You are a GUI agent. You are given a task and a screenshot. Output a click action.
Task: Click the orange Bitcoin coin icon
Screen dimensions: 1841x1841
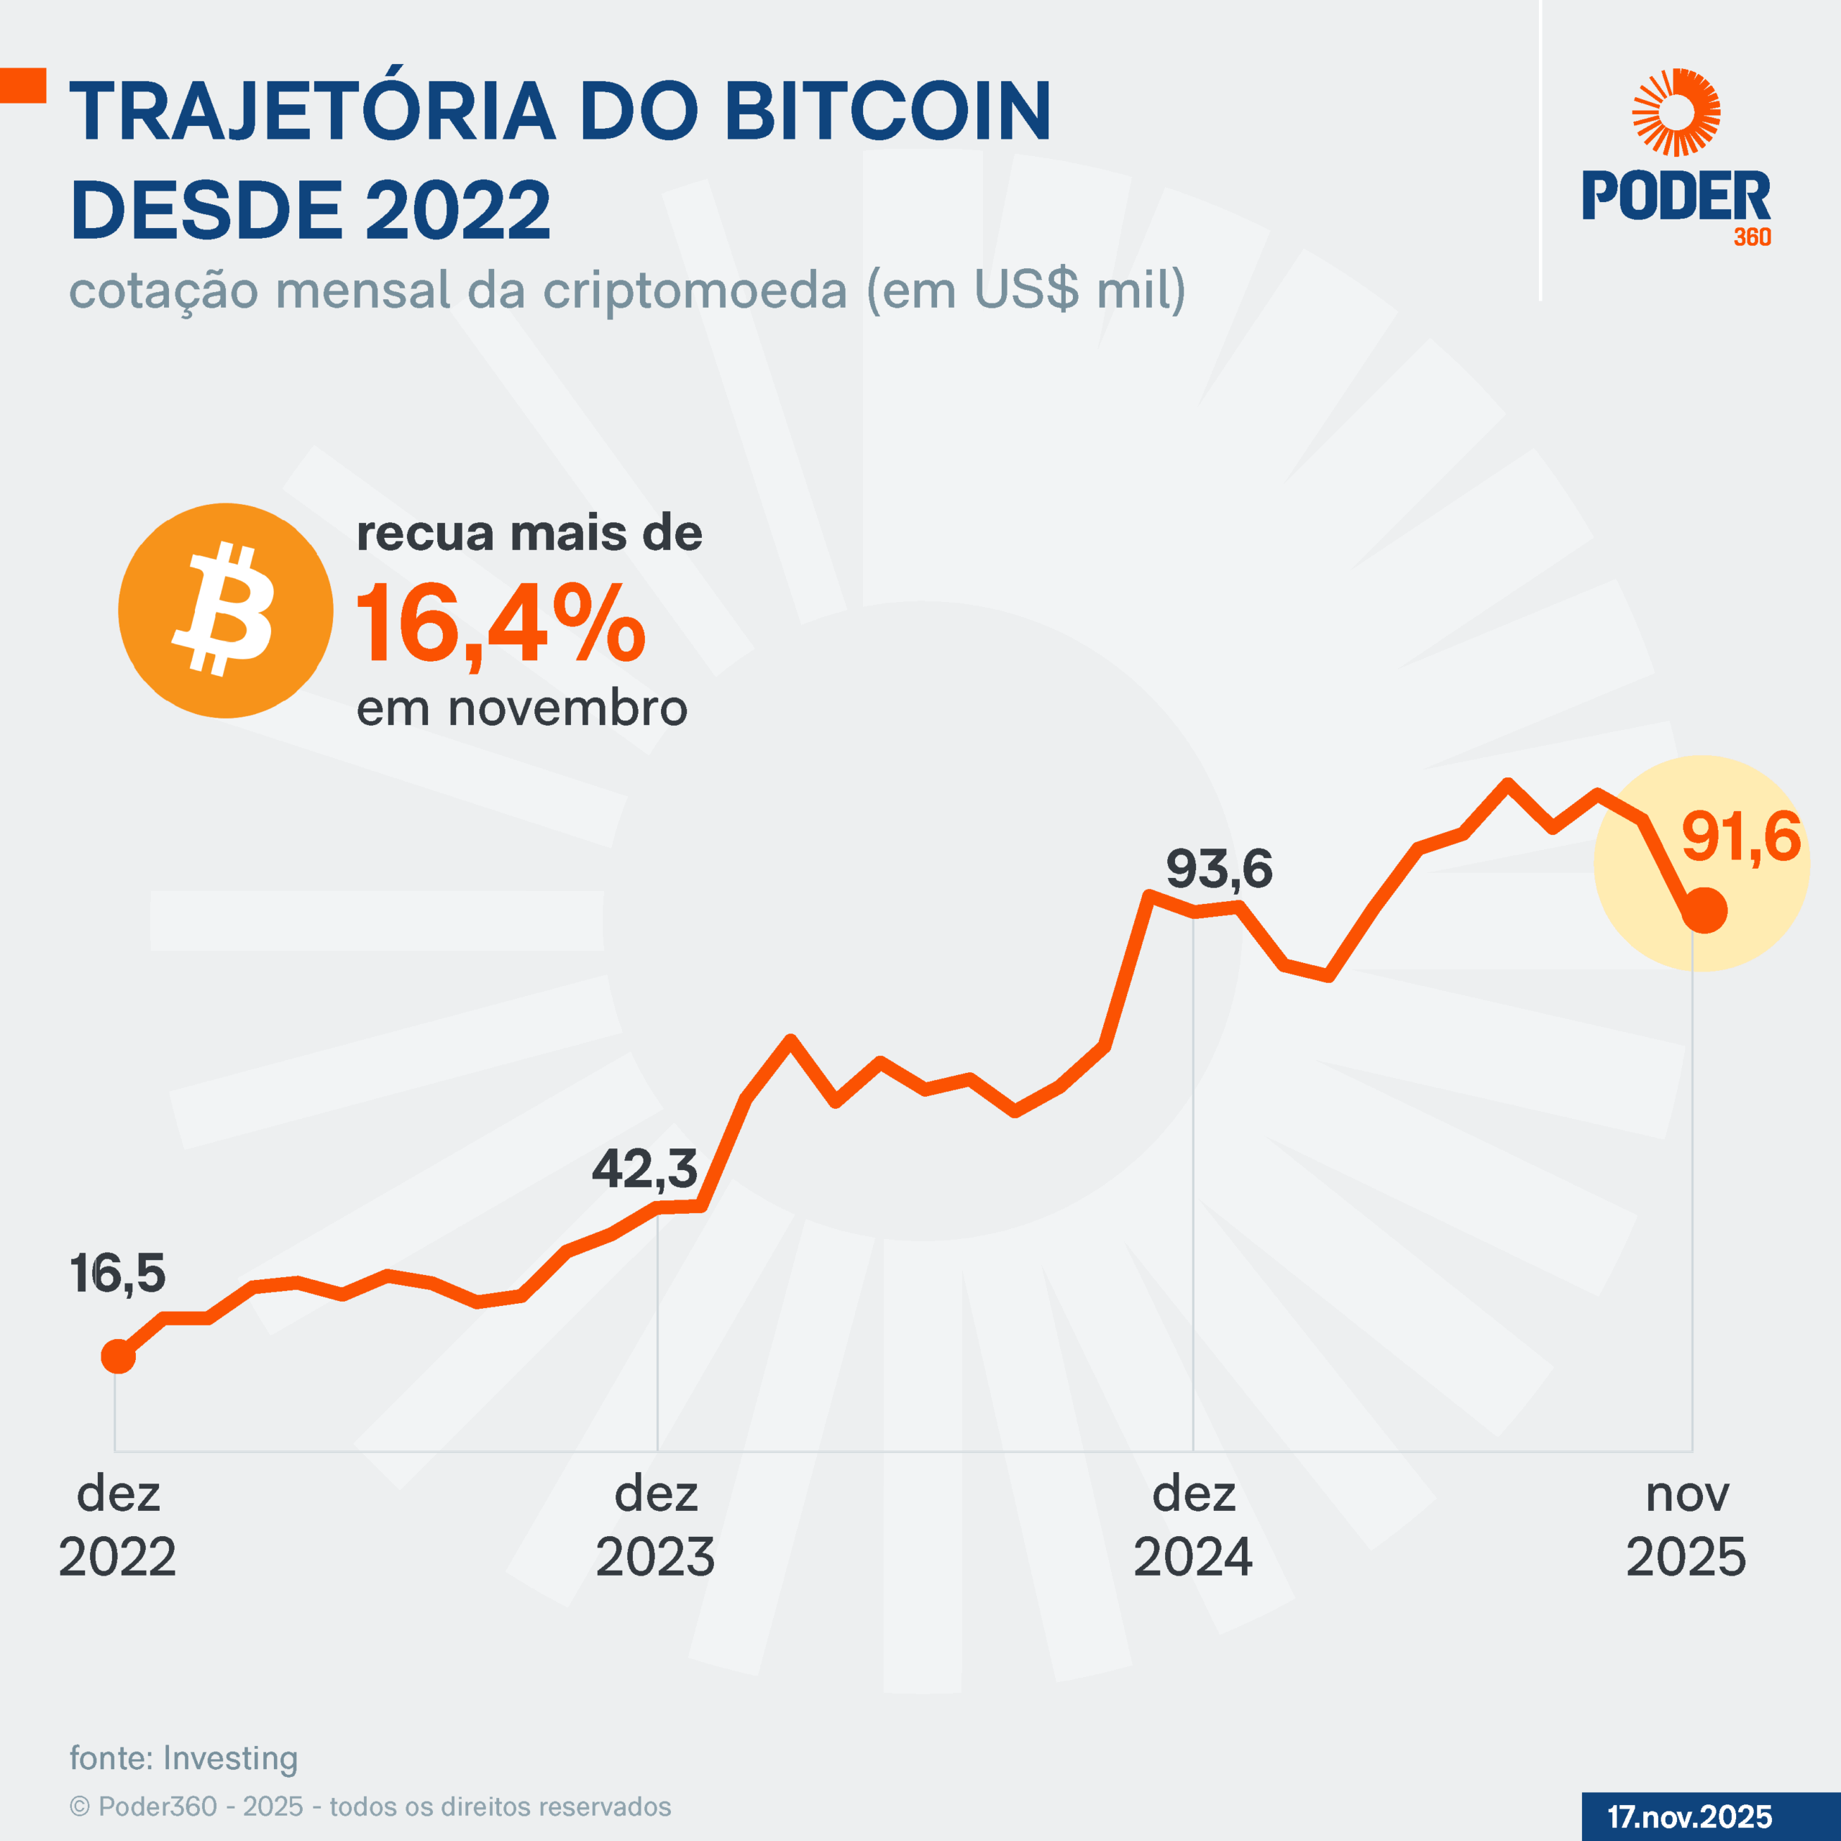pyautogui.click(x=226, y=611)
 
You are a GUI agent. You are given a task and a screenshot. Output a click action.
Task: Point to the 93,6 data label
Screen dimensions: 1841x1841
pyautogui.click(x=1219, y=869)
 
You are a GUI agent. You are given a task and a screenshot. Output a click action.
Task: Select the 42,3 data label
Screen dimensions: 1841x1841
pyautogui.click(x=645, y=1169)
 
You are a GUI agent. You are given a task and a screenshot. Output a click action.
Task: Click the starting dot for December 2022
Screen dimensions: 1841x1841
pyautogui.click(x=118, y=1356)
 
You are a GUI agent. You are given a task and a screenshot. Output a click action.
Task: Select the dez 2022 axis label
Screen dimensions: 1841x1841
pyautogui.click(x=117, y=1525)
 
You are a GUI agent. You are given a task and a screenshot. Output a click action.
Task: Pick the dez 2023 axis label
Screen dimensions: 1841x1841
pyautogui.click(x=656, y=1525)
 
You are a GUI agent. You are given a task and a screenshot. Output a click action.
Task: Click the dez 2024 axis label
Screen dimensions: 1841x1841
pyautogui.click(x=1193, y=1525)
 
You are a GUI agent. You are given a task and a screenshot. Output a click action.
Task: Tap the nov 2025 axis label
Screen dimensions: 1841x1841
pyautogui.click(x=1686, y=1525)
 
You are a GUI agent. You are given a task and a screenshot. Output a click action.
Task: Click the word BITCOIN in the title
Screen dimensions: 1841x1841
pyautogui.click(x=888, y=111)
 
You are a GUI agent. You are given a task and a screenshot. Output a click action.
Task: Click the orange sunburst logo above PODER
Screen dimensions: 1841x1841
pyautogui.click(x=1676, y=111)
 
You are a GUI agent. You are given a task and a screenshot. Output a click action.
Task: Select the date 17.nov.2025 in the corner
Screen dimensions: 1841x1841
pyautogui.click(x=1689, y=1817)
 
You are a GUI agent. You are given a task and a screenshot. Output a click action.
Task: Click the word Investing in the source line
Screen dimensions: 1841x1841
pyautogui.click(x=231, y=1758)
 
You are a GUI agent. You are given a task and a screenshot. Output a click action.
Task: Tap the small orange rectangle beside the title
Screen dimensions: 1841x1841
pyautogui.click(x=23, y=85)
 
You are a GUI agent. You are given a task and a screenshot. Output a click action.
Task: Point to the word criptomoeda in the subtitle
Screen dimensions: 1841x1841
pyautogui.click(x=695, y=290)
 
